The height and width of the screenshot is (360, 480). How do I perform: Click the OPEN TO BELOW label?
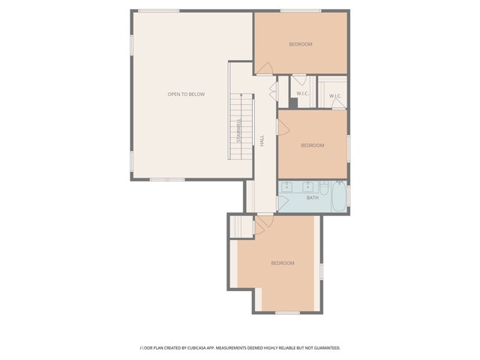click(186, 94)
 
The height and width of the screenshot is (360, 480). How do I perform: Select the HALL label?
click(262, 140)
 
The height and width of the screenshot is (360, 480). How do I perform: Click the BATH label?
click(313, 198)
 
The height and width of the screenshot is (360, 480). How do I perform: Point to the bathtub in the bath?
click(338, 196)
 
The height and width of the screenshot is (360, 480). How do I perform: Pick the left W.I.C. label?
click(302, 94)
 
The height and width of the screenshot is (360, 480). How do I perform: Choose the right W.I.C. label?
click(334, 96)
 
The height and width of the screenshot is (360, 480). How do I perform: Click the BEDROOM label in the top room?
click(301, 44)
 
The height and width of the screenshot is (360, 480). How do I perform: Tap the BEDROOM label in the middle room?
click(313, 145)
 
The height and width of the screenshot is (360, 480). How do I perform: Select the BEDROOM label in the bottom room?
click(283, 263)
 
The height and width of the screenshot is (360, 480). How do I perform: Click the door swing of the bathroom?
click(284, 203)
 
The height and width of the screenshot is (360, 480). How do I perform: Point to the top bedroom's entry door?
click(263, 68)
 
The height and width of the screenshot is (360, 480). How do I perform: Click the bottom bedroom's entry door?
click(263, 223)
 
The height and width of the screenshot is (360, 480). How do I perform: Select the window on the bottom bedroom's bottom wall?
click(287, 312)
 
